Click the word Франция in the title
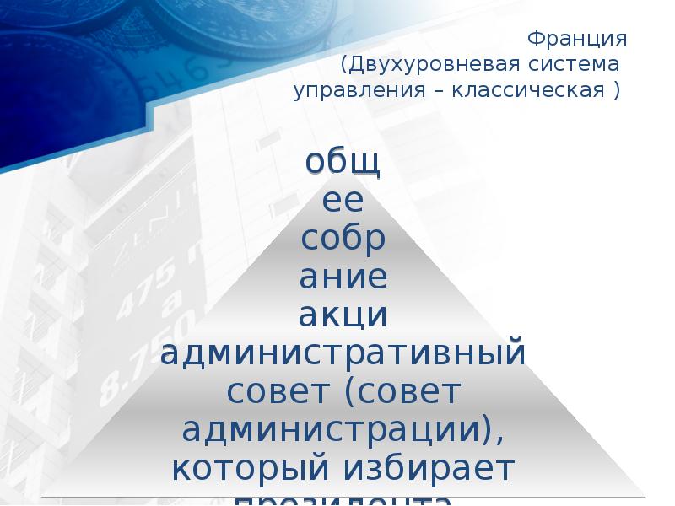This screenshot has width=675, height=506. pyautogui.click(x=576, y=40)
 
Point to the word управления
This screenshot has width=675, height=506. pyautogui.click(x=354, y=90)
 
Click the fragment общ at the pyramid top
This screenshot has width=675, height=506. pyautogui.click(x=343, y=162)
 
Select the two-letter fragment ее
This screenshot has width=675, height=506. pyautogui.click(x=343, y=201)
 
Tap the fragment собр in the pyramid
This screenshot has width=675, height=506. pyautogui.click(x=343, y=239)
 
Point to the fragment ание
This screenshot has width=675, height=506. pyautogui.click(x=343, y=277)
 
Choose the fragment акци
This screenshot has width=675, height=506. pyautogui.click(x=343, y=315)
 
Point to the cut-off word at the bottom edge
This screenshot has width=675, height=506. pyautogui.click(x=343, y=499)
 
